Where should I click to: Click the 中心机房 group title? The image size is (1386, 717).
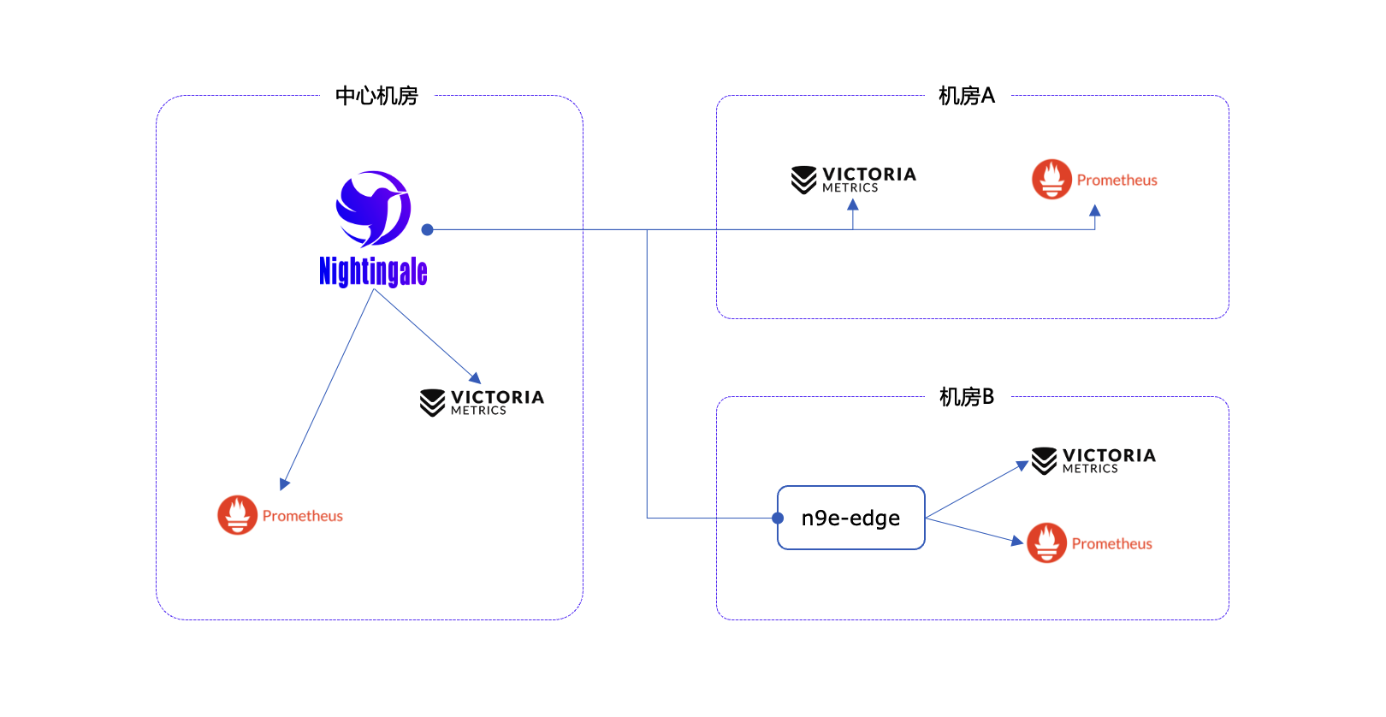pos(376,96)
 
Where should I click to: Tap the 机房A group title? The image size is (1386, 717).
pos(966,96)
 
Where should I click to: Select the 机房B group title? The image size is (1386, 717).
pos(966,397)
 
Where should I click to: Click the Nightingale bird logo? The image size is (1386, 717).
pos(373,208)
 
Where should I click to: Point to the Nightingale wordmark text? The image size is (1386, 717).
pos(373,271)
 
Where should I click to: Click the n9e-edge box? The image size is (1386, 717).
pos(850,518)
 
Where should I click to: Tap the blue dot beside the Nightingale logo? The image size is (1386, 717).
pos(427,229)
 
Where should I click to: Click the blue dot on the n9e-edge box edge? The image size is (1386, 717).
pos(778,518)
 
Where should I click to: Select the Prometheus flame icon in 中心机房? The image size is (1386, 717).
pos(237,515)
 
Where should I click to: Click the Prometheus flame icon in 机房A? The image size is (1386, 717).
pos(1051,180)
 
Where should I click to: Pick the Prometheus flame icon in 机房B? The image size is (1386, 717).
pos(1046,543)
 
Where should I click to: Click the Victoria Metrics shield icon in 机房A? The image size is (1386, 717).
pos(803,180)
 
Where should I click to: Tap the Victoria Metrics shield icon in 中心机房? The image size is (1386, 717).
pos(432,402)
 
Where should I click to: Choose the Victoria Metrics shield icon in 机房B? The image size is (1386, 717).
pos(1044,460)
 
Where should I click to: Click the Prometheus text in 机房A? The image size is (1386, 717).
pos(1116,180)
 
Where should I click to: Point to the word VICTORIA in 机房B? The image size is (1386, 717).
pos(1109,455)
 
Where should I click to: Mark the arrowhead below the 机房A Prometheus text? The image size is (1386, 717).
pos(1094,210)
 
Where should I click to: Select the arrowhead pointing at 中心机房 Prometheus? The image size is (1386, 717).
pos(285,483)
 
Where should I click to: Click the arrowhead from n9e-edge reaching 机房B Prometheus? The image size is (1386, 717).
pos(1018,541)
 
